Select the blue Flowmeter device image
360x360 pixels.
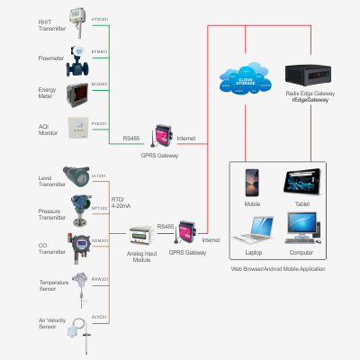pos(78,58)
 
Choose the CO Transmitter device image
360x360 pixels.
pos(76,244)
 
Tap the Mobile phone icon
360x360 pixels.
pos(252,183)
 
